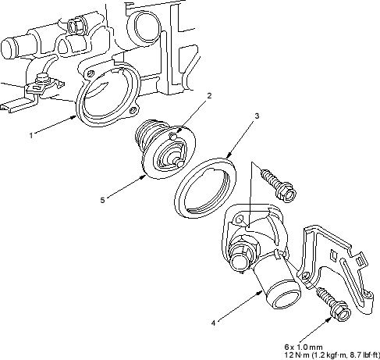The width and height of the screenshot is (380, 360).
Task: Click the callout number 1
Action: click(31, 136)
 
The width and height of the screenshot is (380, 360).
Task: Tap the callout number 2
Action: click(209, 96)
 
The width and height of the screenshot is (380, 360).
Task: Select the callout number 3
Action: click(257, 116)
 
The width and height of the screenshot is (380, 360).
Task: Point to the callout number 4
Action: click(213, 323)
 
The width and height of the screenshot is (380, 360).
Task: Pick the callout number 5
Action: click(102, 200)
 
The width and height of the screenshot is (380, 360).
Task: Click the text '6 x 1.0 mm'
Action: click(304, 347)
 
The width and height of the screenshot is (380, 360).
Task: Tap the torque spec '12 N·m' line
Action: click(332, 355)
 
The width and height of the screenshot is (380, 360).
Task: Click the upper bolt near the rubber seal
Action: click(279, 185)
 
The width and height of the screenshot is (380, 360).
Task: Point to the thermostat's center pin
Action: click(177, 161)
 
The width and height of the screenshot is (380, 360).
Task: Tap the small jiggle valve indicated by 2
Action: click(172, 136)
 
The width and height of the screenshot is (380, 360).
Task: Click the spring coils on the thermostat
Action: click(147, 132)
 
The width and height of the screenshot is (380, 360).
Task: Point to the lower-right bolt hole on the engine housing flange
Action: click(133, 111)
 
